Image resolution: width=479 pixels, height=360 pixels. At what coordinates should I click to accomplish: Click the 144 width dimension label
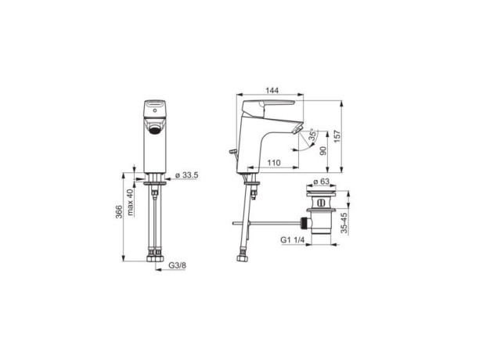click(272, 90)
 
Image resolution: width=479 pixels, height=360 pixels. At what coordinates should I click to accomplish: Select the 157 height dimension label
click(337, 136)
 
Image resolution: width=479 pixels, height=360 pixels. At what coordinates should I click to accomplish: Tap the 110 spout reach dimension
click(274, 163)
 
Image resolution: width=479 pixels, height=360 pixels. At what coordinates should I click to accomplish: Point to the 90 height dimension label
click(323, 150)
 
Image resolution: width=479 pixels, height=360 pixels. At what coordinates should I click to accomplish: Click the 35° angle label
click(312, 135)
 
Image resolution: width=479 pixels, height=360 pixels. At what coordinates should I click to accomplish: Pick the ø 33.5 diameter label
click(187, 175)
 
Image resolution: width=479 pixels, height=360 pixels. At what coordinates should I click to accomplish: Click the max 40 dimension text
click(131, 202)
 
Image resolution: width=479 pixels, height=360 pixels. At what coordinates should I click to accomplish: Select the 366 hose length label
click(119, 211)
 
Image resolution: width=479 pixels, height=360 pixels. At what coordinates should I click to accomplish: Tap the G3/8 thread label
click(177, 265)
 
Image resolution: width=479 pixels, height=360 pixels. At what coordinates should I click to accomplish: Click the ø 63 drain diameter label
click(321, 182)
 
